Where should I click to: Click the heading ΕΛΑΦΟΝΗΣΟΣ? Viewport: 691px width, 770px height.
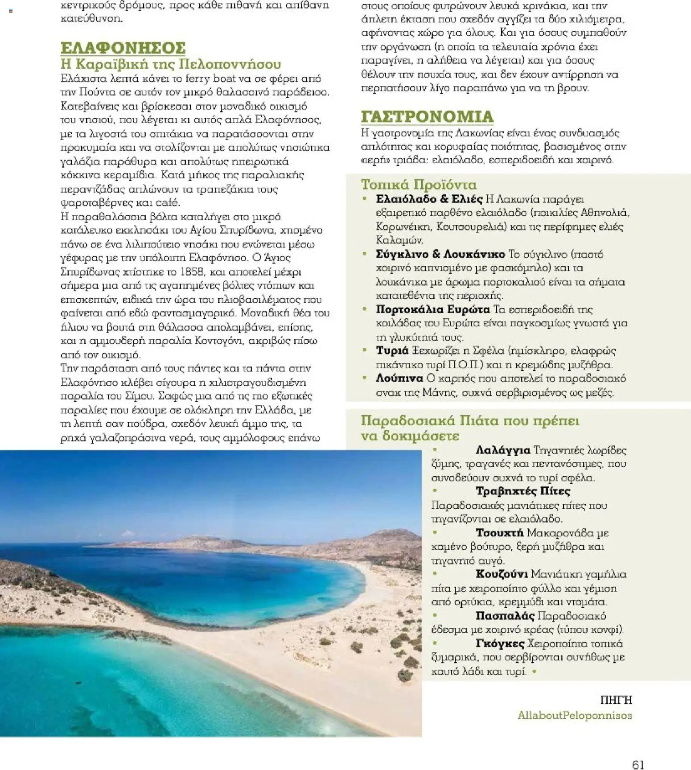click(123, 48)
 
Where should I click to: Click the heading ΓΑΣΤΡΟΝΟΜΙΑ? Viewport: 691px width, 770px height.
click(427, 117)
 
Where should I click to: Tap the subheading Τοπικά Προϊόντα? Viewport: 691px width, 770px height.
click(419, 185)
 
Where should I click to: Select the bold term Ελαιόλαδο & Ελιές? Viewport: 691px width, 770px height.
click(429, 199)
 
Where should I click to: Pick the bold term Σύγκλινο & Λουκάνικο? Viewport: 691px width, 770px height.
click(440, 254)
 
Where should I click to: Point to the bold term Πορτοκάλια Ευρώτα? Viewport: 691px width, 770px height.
click(432, 309)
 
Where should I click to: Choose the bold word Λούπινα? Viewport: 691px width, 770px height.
click(399, 379)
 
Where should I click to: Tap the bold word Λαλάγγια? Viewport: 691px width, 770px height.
click(503, 450)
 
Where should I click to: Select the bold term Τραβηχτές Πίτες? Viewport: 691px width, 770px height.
click(523, 491)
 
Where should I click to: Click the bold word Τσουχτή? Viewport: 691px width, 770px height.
click(499, 533)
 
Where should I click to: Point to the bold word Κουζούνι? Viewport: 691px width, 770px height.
click(502, 574)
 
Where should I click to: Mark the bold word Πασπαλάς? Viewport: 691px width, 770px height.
click(505, 616)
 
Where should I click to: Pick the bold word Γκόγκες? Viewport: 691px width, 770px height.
click(500, 643)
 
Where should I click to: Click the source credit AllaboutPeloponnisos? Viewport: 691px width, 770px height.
click(574, 715)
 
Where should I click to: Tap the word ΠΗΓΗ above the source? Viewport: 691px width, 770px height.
click(616, 700)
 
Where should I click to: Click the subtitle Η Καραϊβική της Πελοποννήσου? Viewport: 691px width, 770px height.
click(171, 64)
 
